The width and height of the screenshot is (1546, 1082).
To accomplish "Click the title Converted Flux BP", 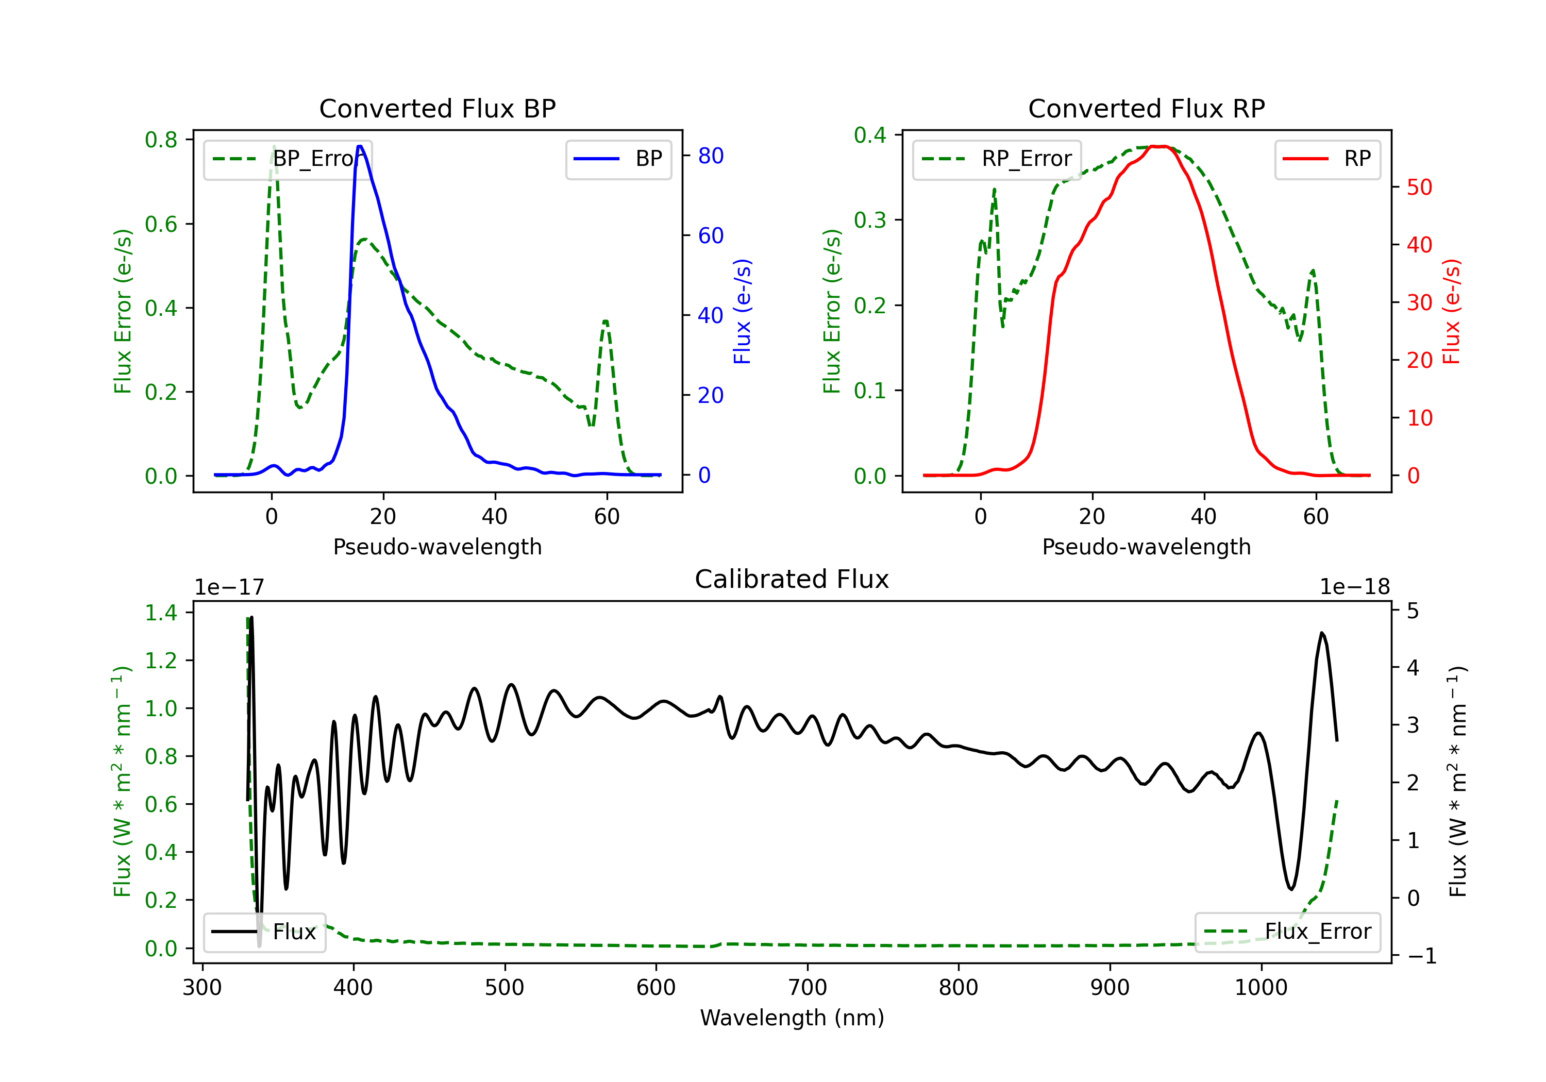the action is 437,108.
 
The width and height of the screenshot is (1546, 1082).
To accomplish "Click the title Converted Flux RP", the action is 1146,108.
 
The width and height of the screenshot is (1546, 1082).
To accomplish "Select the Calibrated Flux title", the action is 792,579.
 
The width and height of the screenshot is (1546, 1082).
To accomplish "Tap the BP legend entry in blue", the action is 618,159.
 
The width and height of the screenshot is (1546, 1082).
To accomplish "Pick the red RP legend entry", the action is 1326,159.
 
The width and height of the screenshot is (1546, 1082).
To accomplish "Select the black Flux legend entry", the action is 264,932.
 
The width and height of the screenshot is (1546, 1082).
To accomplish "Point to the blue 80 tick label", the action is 710,156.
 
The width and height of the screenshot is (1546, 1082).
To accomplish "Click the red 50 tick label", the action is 1419,187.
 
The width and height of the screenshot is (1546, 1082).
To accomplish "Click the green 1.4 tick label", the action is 161,613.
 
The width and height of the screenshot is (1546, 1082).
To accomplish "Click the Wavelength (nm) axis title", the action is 792,1018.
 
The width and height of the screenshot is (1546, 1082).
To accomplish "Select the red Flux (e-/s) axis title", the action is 1452,312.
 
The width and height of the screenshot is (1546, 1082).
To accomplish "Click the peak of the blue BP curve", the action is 360,146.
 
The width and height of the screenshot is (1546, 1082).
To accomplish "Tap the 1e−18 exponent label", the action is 1355,587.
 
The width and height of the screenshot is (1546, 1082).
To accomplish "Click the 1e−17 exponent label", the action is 230,587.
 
